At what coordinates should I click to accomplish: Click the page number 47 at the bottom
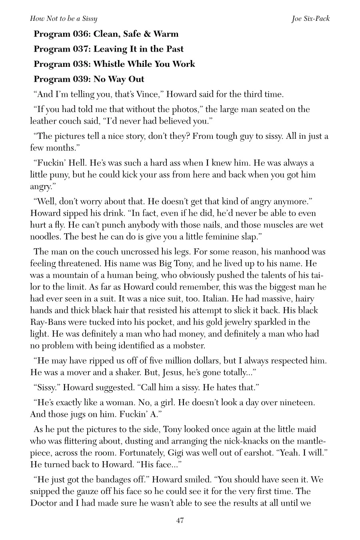(180, 520)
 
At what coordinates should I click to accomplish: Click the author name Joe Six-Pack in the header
(310, 19)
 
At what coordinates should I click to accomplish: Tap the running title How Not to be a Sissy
(64, 19)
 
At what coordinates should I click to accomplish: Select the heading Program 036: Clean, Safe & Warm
(106, 34)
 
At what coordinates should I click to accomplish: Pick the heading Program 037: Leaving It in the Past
(108, 49)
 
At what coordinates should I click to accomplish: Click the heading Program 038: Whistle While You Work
(114, 64)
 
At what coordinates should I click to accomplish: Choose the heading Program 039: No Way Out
(89, 79)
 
